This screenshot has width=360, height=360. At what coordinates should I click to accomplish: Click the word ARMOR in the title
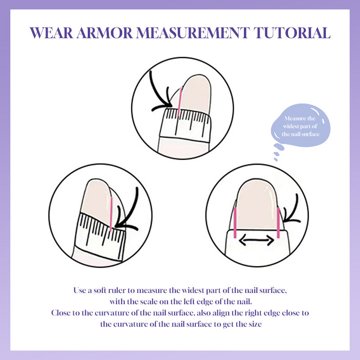pos(105,33)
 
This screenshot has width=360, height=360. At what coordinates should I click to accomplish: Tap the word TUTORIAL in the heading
pos(292,33)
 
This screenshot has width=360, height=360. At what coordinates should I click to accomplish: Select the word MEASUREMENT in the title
pos(193,33)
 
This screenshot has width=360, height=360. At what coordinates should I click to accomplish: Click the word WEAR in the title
pos(51,33)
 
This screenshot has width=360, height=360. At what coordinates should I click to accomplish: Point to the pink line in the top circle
pos(180,102)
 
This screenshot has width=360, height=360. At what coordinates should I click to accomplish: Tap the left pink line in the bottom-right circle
pos(235,223)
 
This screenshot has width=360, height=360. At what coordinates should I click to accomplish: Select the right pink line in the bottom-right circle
pos(278,223)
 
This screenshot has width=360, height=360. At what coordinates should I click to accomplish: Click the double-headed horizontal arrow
pos(256,240)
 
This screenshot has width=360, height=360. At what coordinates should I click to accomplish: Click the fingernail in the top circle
pos(195,94)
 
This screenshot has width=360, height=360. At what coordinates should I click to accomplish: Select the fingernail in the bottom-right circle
pos(256,204)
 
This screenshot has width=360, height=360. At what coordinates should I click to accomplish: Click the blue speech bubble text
pos(300,126)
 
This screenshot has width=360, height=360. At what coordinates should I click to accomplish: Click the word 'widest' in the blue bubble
pos(291,126)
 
